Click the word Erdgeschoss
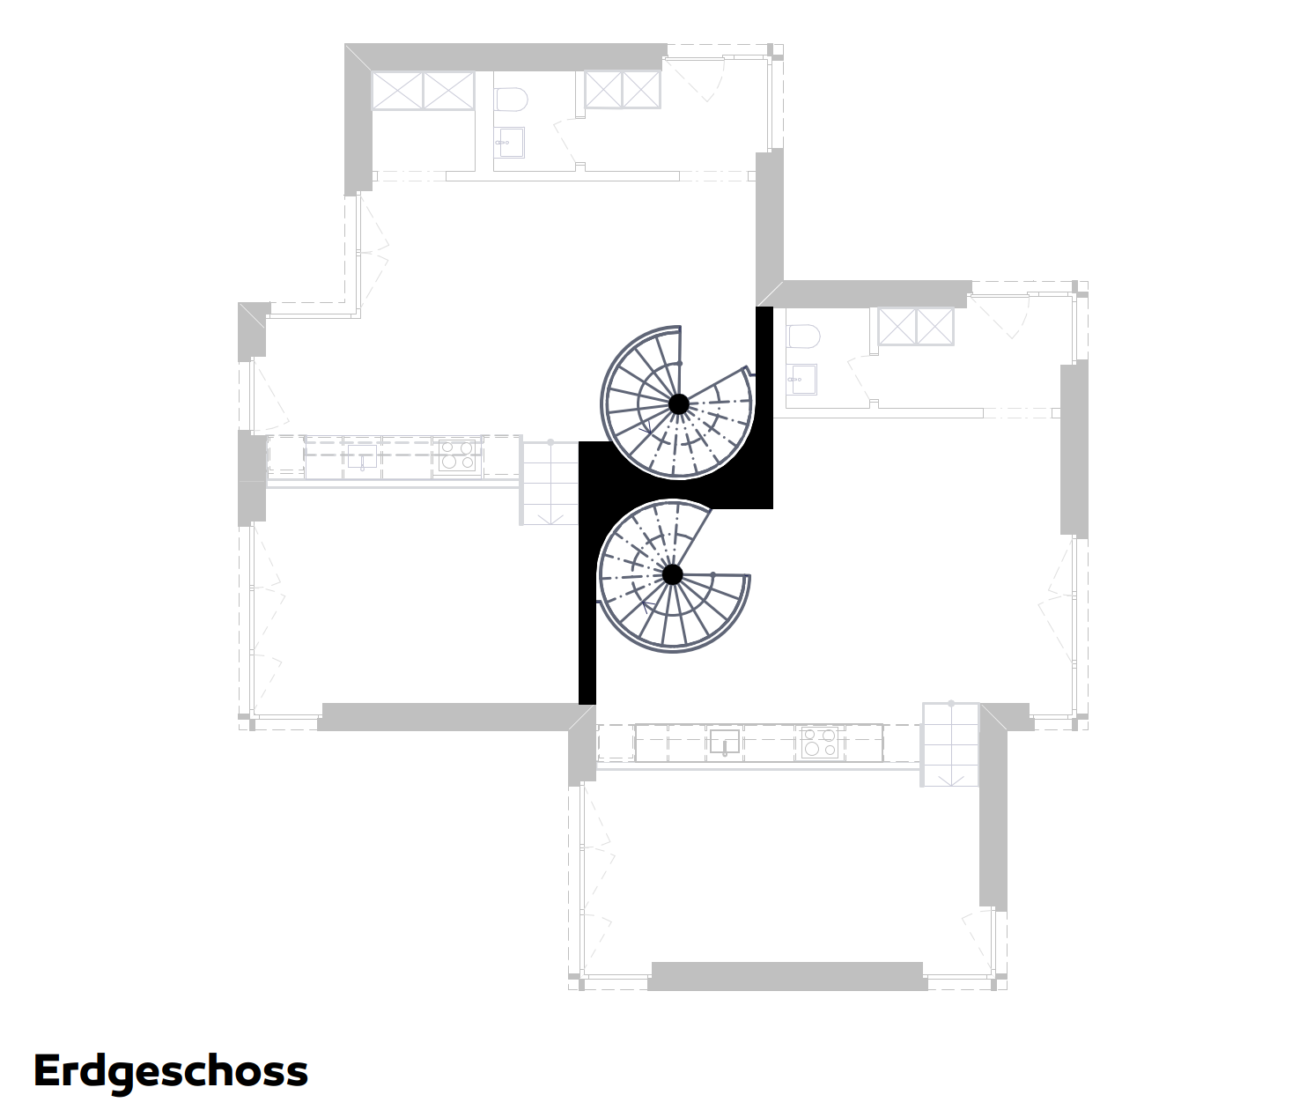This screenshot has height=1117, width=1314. (x=170, y=1071)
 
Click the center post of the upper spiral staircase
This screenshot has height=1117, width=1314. (x=678, y=403)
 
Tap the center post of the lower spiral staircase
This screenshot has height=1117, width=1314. (x=672, y=574)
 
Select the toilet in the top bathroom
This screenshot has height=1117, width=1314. (x=511, y=99)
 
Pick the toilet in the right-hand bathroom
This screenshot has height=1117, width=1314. (x=803, y=337)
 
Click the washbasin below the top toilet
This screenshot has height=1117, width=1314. (x=509, y=143)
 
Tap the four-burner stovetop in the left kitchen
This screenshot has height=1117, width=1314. (x=457, y=455)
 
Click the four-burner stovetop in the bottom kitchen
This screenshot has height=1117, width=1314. (x=819, y=743)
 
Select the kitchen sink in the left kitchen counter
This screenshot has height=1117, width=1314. (x=362, y=455)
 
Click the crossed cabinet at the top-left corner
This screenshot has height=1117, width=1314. (x=423, y=90)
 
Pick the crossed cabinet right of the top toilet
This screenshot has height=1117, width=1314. (x=623, y=90)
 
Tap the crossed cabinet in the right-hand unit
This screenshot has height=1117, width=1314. (x=916, y=327)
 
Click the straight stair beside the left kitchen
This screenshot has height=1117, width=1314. (x=550, y=483)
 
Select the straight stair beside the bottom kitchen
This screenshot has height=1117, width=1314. (x=950, y=744)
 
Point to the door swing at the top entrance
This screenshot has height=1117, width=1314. (x=696, y=78)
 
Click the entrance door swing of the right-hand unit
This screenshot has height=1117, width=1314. (x=1000, y=316)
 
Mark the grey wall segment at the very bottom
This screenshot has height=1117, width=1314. (x=787, y=976)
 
